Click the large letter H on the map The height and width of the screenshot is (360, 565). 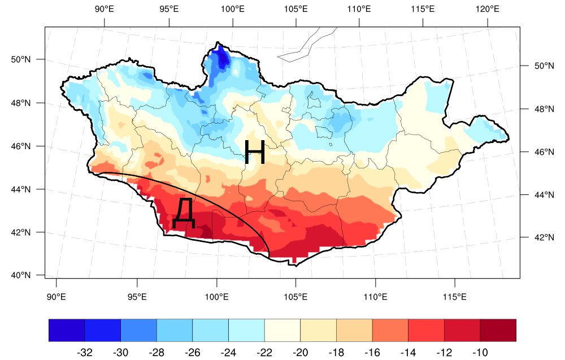pyautogui.click(x=255, y=151)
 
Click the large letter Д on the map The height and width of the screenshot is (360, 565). pyautogui.click(x=185, y=213)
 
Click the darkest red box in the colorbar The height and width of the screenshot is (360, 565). pyautogui.click(x=498, y=331)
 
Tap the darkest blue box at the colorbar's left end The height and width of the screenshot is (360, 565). pyautogui.click(x=67, y=331)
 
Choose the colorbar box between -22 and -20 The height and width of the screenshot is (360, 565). pyautogui.click(x=282, y=331)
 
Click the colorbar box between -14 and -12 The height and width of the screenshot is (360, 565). pyautogui.click(x=426, y=331)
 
